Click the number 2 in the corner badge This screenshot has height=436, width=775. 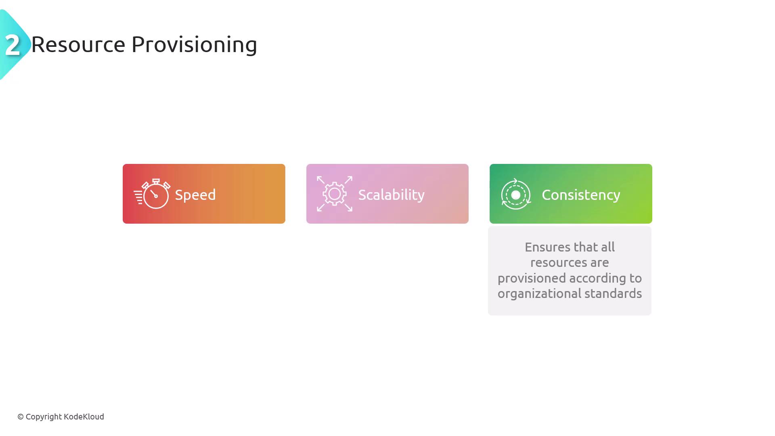pos(13,45)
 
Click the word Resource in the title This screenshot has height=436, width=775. pos(78,44)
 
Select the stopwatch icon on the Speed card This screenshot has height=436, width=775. pos(152,194)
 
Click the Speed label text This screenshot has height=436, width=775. pos(195,195)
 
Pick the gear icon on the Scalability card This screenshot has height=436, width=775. pos(335,194)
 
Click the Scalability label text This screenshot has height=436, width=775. pos(391,195)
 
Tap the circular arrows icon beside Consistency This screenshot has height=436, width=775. pos(516,194)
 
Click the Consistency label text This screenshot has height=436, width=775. pos(581,195)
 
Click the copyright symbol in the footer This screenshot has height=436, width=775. pos(21,417)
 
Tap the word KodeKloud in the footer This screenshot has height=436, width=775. pos(84,417)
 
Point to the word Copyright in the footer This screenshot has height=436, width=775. pos(44,417)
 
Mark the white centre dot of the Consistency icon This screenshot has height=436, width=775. pos(516,195)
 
